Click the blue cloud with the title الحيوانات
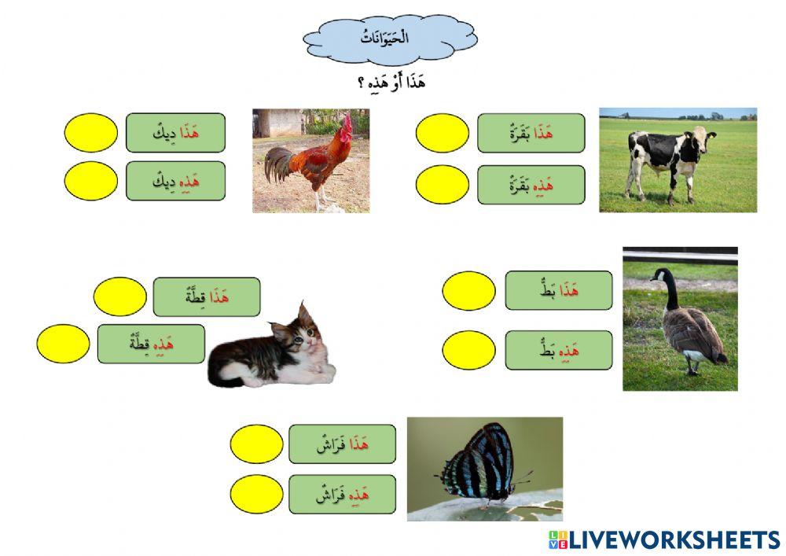pyautogui.click(x=390, y=39)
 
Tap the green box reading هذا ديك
pyautogui.click(x=175, y=133)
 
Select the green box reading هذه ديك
pyautogui.click(x=175, y=181)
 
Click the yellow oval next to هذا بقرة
pyautogui.click(x=442, y=133)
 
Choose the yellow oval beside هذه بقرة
pyautogui.click(x=442, y=185)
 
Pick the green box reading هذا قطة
pyautogui.click(x=206, y=296)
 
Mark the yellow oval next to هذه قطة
pyautogui.click(x=64, y=344)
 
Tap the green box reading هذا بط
pyautogui.click(x=558, y=290)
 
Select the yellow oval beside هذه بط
pyautogui.click(x=468, y=350)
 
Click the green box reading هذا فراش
pyautogui.click(x=342, y=444)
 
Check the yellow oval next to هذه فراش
pyautogui.click(x=256, y=494)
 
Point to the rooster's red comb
pyautogui.click(x=343, y=125)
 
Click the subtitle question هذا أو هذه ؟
pyautogui.click(x=390, y=82)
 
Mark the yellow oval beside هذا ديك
pyautogui.click(x=90, y=133)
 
